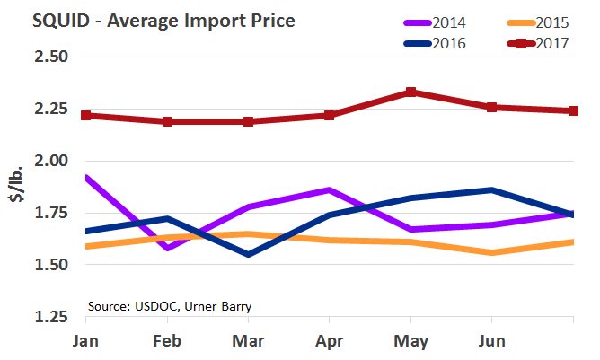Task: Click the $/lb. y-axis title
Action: click(x=15, y=187)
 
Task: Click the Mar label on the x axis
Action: click(x=247, y=341)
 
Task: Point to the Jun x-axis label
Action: click(x=491, y=341)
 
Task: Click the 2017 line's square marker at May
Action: click(x=410, y=92)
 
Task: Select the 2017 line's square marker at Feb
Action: click(x=166, y=121)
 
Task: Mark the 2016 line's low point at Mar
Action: click(x=247, y=255)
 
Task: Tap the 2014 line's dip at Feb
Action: click(x=166, y=248)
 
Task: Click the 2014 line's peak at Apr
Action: click(x=330, y=189)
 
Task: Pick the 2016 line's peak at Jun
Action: click(x=491, y=189)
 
